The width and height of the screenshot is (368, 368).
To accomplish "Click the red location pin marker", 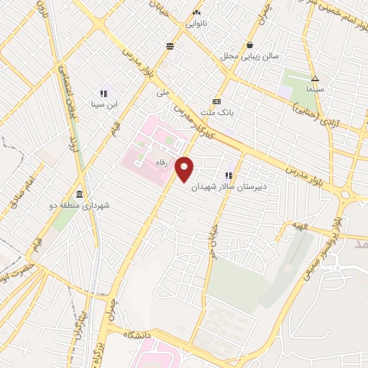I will pos(185,169).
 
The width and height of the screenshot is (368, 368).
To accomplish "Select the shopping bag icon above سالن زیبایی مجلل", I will pos(249,44).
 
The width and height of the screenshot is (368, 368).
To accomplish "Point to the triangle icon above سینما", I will pos(315,78).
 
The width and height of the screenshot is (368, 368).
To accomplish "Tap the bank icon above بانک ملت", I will pos(216,102).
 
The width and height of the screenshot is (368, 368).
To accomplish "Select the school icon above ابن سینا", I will pos(103,93).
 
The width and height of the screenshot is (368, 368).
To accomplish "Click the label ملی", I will pos(162,93).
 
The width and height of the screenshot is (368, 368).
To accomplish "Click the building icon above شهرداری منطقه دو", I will pos(78,195).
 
